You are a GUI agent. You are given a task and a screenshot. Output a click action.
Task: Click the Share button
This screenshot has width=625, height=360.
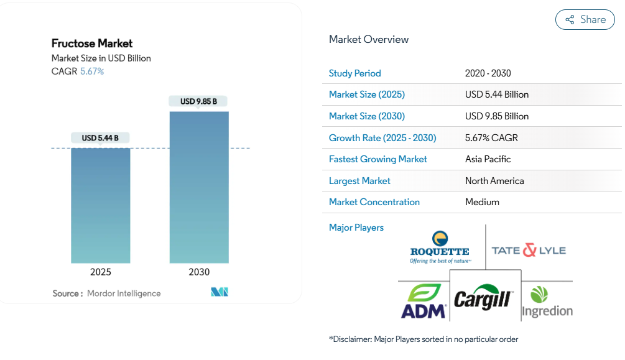[x=585, y=20]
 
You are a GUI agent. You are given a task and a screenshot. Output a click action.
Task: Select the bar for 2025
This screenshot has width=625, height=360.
[x=101, y=205]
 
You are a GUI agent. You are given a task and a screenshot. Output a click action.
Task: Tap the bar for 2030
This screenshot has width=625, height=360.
[x=199, y=187]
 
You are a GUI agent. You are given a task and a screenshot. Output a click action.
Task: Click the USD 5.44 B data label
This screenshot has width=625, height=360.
[x=100, y=138]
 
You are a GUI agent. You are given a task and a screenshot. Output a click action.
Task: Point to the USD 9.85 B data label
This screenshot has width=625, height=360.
[x=198, y=101]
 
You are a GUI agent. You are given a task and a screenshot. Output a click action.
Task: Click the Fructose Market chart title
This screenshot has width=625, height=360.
[x=92, y=44]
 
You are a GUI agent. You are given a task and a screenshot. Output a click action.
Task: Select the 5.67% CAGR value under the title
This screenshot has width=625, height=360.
[x=92, y=71]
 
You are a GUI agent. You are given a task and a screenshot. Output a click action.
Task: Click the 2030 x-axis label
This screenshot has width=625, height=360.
[x=199, y=272]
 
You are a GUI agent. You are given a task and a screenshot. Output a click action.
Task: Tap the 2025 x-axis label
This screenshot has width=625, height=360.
[x=101, y=272]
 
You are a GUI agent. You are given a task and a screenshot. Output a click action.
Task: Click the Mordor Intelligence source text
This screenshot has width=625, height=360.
[x=124, y=293]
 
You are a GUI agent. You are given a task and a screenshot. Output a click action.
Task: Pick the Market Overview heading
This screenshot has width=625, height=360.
[x=369, y=39]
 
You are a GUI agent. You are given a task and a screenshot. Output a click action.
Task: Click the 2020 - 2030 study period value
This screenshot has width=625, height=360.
[x=488, y=73]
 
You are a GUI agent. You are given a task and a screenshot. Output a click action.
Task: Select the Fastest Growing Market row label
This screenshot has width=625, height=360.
[x=377, y=159]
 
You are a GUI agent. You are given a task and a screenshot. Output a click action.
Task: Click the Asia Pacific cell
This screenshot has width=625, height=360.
[x=488, y=159]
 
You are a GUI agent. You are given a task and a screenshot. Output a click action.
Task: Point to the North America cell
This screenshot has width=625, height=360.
[x=494, y=181]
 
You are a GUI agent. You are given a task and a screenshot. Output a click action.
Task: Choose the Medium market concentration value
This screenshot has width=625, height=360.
[x=482, y=202]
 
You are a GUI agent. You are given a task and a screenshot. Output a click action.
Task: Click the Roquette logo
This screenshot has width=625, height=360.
[x=440, y=247]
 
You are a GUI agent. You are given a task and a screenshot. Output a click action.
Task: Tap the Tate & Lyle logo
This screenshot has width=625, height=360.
[x=529, y=251]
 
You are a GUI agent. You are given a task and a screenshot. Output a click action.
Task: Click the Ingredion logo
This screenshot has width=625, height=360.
[x=547, y=302]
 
